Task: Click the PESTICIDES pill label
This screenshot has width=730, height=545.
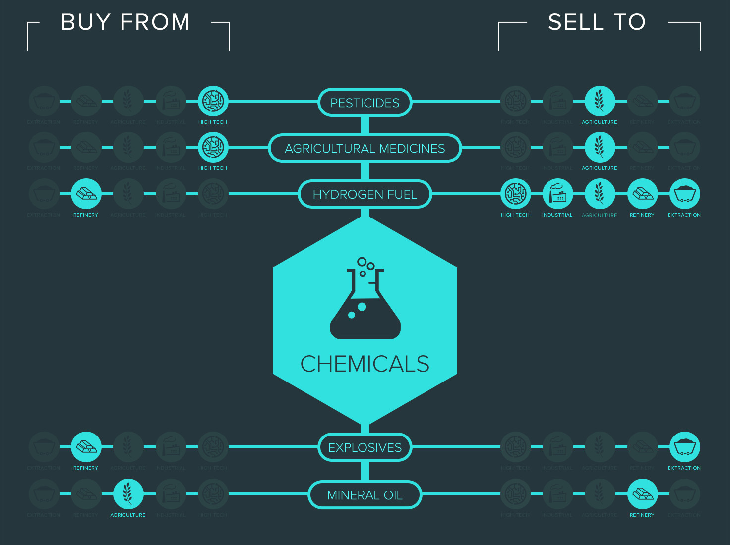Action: click(x=365, y=103)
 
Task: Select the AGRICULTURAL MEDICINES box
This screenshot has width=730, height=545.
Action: click(x=365, y=148)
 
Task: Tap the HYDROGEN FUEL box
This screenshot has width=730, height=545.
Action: click(x=365, y=194)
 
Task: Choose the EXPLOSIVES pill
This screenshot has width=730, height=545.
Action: click(x=365, y=447)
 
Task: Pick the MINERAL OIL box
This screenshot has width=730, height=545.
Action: click(x=365, y=495)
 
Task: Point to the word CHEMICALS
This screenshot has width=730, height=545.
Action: click(x=365, y=364)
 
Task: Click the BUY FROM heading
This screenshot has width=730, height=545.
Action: click(x=125, y=22)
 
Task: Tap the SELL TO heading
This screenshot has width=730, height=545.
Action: click(x=597, y=22)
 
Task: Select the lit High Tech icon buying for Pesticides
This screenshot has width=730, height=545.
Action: click(x=213, y=101)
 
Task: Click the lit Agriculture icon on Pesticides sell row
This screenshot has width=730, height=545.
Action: click(x=600, y=101)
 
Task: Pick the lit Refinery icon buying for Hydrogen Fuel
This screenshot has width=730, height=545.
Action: click(x=86, y=194)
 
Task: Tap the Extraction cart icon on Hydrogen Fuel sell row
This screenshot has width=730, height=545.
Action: click(x=684, y=194)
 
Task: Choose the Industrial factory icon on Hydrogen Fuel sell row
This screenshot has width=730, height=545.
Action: click(x=557, y=194)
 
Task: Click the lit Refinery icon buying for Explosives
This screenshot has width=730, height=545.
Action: click(x=86, y=447)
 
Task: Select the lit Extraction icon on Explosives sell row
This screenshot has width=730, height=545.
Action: click(x=684, y=447)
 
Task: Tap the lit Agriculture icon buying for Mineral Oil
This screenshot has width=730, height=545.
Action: click(x=128, y=494)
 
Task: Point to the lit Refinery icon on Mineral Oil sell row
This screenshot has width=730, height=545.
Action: click(x=642, y=494)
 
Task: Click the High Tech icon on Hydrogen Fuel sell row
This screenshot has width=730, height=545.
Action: click(x=515, y=194)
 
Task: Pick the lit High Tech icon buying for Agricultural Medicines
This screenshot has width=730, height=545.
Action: click(x=213, y=147)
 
